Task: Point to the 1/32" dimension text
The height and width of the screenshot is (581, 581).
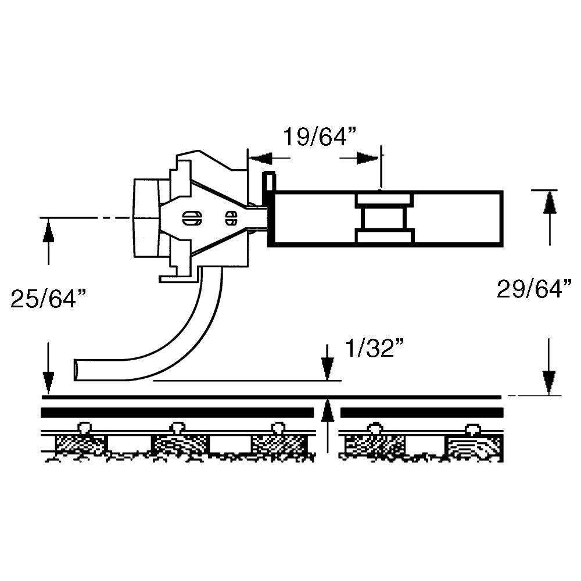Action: coord(374,349)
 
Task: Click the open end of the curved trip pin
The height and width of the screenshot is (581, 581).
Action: coord(78,370)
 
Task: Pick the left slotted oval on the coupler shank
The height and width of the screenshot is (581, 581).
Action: coord(191,218)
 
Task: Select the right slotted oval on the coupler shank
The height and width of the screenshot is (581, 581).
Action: coord(231,218)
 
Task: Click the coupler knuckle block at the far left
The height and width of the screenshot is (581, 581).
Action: coord(146,218)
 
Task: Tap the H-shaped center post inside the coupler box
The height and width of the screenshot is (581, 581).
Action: coord(384,218)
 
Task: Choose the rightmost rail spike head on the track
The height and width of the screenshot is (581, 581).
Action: coord(473,429)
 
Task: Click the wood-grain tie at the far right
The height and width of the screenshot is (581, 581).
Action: coord(472,448)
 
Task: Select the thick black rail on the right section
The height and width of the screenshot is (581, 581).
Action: coord(421,413)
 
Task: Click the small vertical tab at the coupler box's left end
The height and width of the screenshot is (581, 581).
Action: coord(268,181)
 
